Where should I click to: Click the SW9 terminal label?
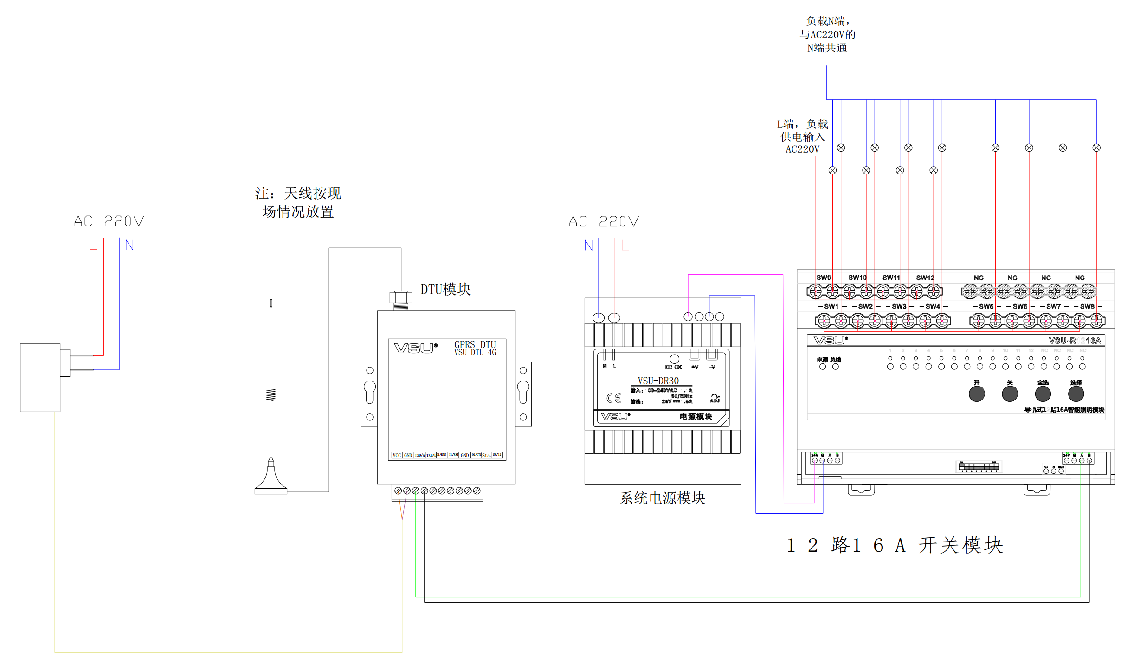pos(824,278)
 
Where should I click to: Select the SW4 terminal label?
pos(933,306)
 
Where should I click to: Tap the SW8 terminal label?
pos(1087,306)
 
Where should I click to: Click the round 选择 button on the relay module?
pos(1076,394)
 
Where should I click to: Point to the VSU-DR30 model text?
pos(658,381)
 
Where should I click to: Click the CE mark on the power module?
pos(613,398)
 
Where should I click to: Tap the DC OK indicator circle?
pos(674,359)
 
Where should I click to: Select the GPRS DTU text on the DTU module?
pos(475,344)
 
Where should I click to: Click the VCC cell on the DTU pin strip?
pos(397,455)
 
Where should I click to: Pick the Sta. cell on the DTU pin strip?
pos(486,455)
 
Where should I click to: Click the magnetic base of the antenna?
pos(271,483)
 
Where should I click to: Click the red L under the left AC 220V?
pos(93,245)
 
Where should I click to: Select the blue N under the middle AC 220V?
pos(588,245)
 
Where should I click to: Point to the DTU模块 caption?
pos(445,290)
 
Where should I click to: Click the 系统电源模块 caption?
pos(662,498)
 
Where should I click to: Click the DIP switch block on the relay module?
pos(979,466)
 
